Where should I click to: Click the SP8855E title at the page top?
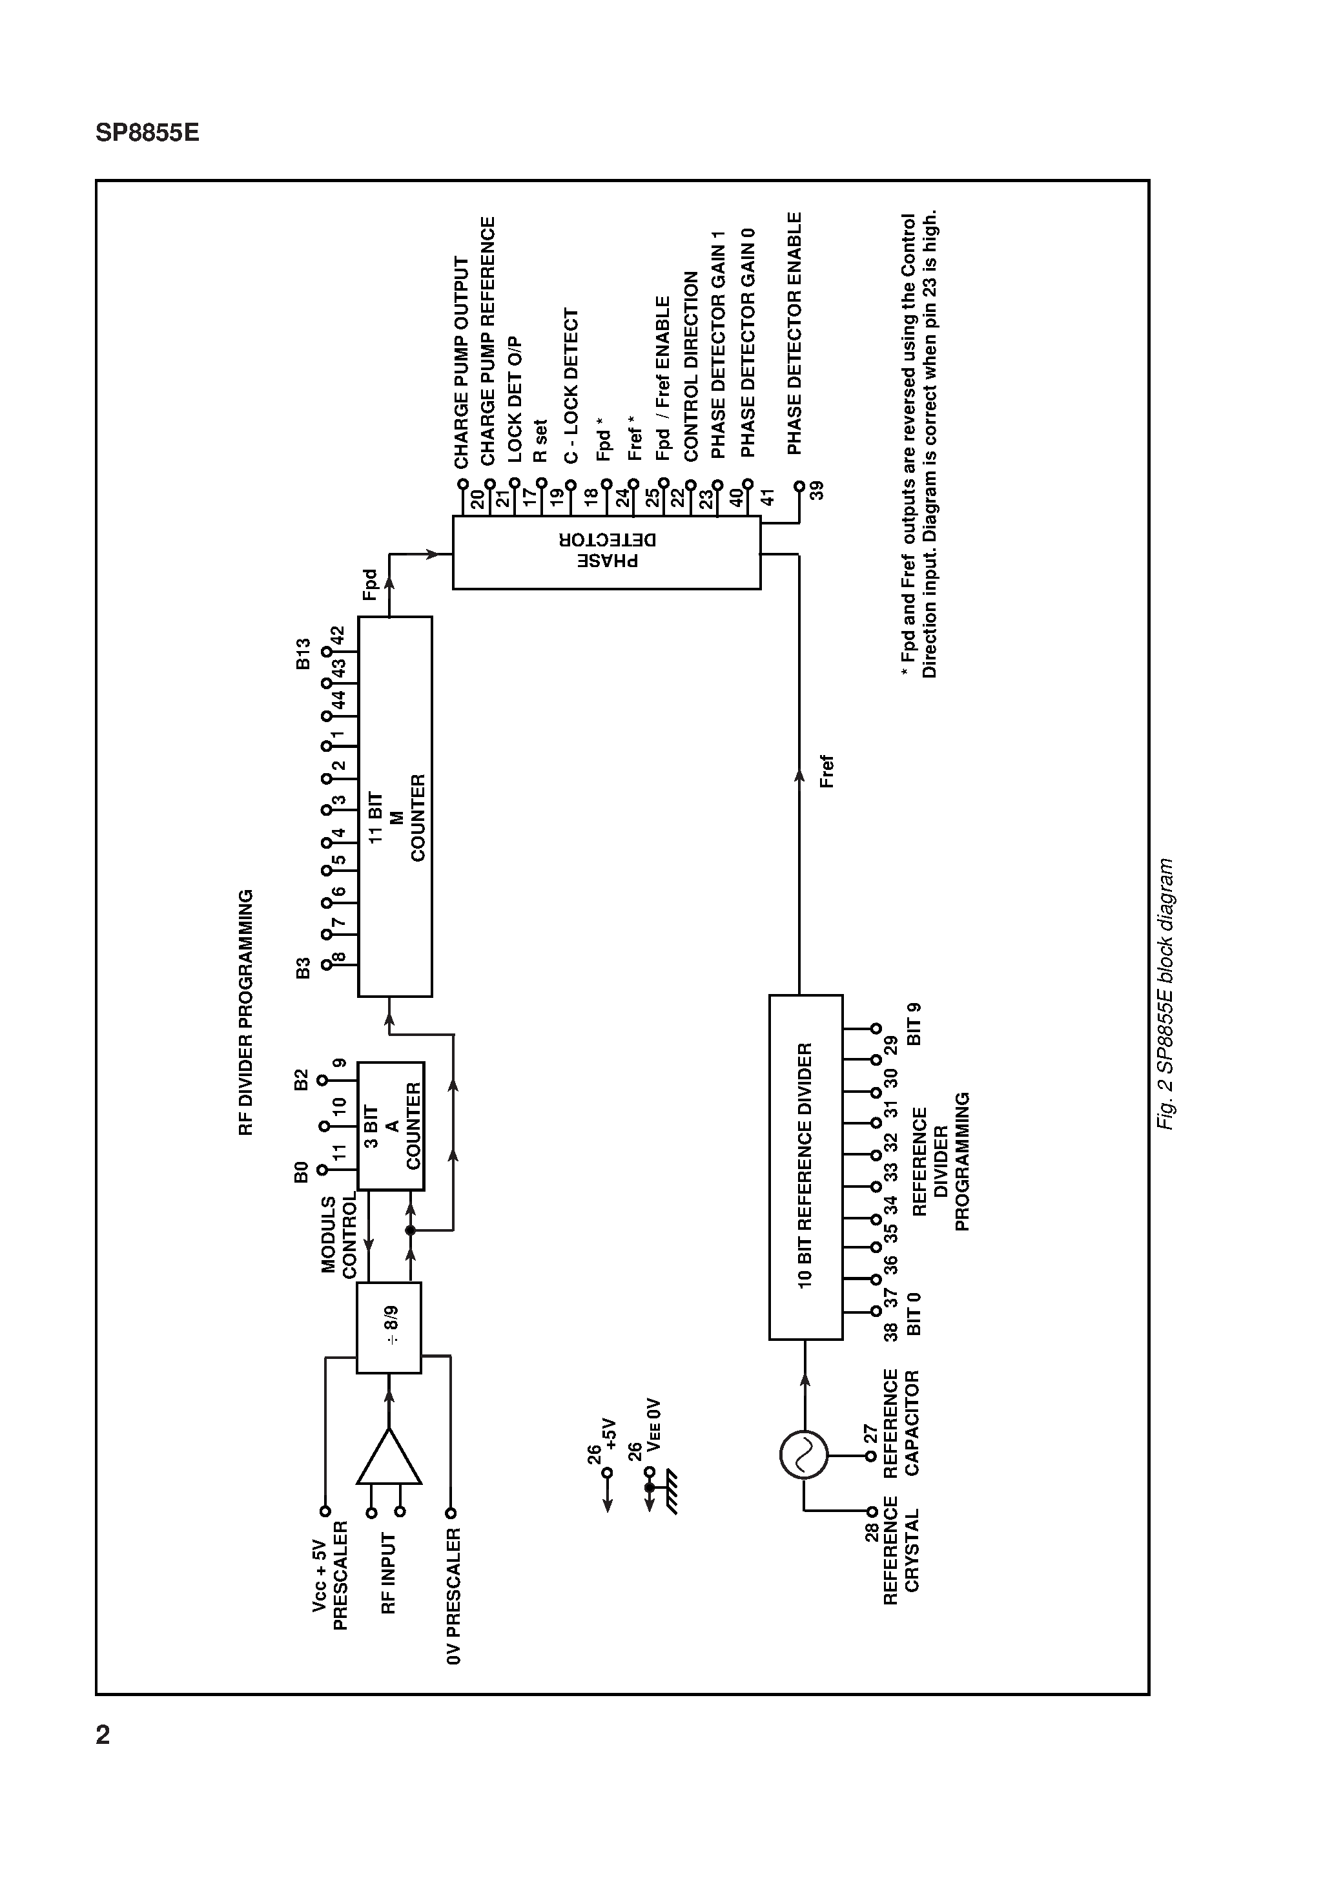(x=147, y=133)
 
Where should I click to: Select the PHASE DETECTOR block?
(x=606, y=552)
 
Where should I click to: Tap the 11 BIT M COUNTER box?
(x=395, y=806)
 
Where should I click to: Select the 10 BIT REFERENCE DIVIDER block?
(x=805, y=1166)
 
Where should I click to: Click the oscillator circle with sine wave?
(x=803, y=1454)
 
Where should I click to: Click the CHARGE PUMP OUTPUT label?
(x=462, y=362)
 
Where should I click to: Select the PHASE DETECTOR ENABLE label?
(x=794, y=333)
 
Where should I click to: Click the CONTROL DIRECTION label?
(x=691, y=366)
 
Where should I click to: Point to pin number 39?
(x=817, y=492)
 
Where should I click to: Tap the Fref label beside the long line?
(x=826, y=771)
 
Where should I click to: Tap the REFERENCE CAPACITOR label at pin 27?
(x=901, y=1422)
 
